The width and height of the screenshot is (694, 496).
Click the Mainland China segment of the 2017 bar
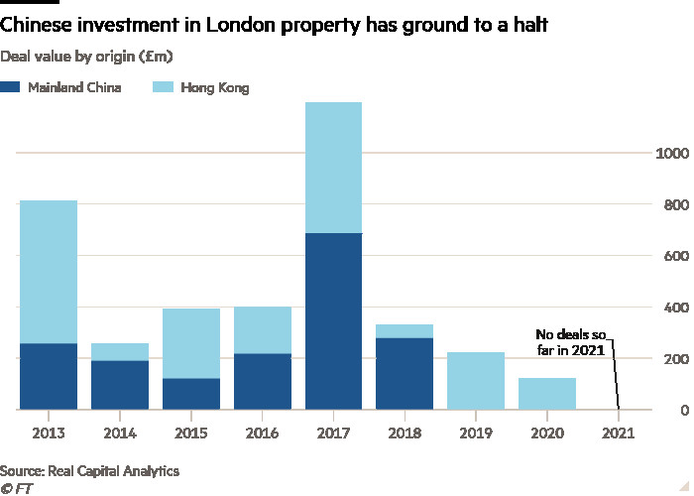tap(334, 320)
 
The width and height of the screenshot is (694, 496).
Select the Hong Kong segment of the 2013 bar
tap(49, 272)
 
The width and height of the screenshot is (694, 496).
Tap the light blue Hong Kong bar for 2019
tap(477, 380)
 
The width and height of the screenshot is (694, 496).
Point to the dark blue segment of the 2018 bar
tap(405, 373)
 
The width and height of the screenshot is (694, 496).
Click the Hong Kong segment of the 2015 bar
tap(191, 343)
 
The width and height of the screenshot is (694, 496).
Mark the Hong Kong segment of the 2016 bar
tap(263, 329)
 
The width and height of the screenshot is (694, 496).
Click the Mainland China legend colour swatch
tap(10, 88)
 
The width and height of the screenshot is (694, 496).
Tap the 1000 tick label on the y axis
tap(670, 154)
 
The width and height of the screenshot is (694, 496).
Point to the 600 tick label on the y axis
tap(674, 256)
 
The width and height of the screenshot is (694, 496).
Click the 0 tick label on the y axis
tap(681, 410)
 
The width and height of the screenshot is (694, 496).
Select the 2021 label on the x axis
tap(619, 434)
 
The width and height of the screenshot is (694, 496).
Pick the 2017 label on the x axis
tap(334, 434)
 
